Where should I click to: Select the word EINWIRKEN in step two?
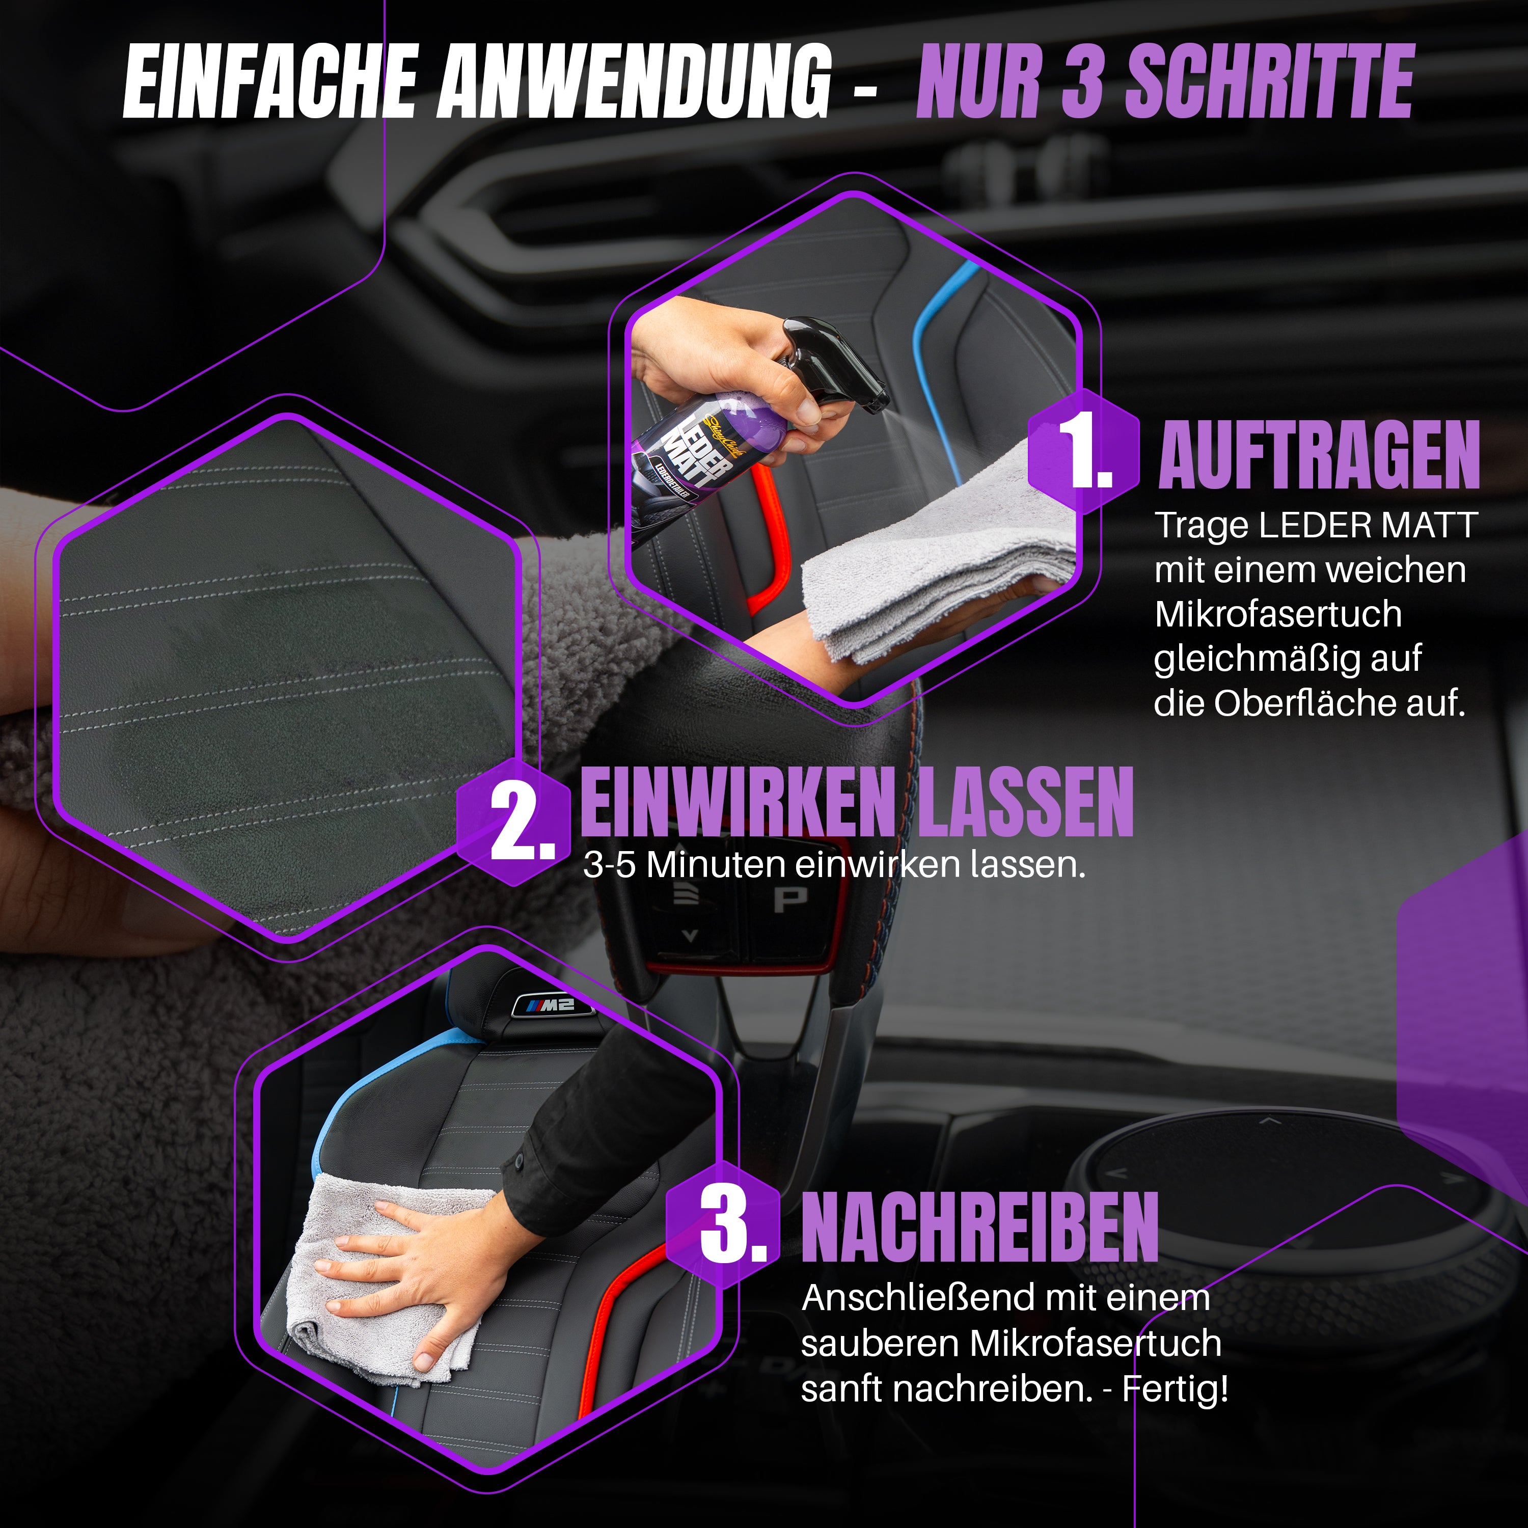[x=740, y=802]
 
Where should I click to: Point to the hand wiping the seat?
[x=411, y=1258]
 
